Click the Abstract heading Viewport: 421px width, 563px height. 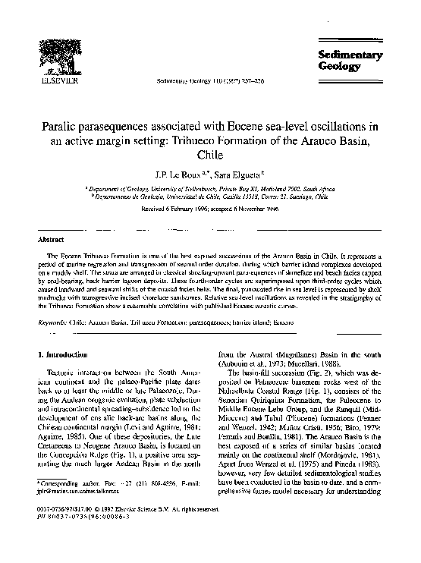(49, 238)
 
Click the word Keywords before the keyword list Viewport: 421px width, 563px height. (54, 322)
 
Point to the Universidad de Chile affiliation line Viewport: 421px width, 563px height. (209, 195)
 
